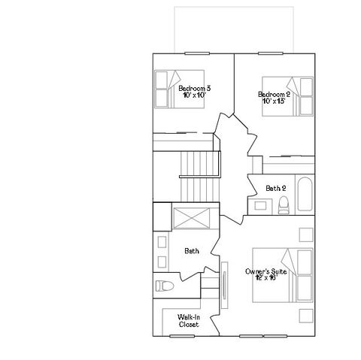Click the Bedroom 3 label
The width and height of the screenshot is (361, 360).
click(196, 89)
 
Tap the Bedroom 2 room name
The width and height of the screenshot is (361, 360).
click(274, 94)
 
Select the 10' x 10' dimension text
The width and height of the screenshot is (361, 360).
click(196, 96)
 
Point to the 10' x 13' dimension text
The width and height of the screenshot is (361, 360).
click(274, 101)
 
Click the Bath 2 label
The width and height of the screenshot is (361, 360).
click(275, 188)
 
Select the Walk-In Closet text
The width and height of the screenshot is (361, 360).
click(189, 321)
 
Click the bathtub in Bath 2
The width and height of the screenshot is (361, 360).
click(303, 195)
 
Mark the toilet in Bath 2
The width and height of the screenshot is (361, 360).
click(284, 203)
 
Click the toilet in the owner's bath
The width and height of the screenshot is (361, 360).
click(165, 285)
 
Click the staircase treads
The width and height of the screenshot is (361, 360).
click(199, 173)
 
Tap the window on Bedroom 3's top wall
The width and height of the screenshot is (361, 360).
click(196, 53)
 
